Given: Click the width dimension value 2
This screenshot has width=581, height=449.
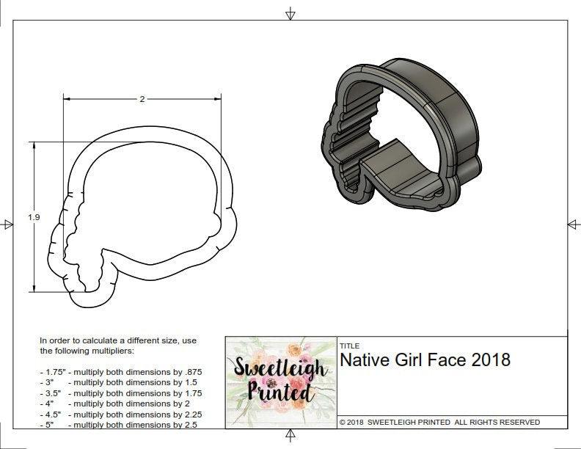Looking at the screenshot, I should (x=142, y=99).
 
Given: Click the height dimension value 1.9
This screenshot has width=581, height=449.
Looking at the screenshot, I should (x=34, y=217).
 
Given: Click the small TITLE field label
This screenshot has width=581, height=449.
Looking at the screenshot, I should (x=349, y=346).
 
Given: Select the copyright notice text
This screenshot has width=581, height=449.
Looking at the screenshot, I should (x=439, y=422).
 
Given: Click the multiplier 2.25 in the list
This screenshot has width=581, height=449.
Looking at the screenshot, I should (x=189, y=414).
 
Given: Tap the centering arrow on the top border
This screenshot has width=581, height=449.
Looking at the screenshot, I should (x=290, y=13).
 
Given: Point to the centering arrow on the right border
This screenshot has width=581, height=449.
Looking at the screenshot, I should (x=573, y=224).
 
